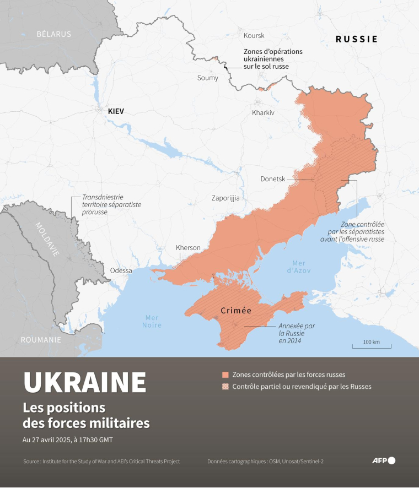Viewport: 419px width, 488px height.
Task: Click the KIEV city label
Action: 116,111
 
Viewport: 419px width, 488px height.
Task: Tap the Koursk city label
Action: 254,35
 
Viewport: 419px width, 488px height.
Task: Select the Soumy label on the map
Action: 208,78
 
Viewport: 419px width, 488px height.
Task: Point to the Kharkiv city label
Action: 263,112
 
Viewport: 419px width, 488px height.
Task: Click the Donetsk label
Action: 273,178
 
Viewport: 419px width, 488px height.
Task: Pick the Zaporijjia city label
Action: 225,198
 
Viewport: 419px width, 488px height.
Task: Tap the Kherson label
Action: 188,247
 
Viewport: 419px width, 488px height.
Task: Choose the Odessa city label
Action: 121,270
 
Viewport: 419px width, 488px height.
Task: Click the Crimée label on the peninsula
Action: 236,311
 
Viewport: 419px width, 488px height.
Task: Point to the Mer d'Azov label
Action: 299,267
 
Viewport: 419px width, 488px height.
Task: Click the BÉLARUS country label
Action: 54,34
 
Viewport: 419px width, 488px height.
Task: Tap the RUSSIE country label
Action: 357,39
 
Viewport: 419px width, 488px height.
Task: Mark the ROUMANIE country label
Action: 41,340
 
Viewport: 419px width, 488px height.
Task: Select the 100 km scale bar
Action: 372,346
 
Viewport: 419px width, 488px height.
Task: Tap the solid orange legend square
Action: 225,375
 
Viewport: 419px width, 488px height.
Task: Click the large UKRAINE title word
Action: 85,382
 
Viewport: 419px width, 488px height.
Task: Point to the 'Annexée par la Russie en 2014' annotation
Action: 297,333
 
